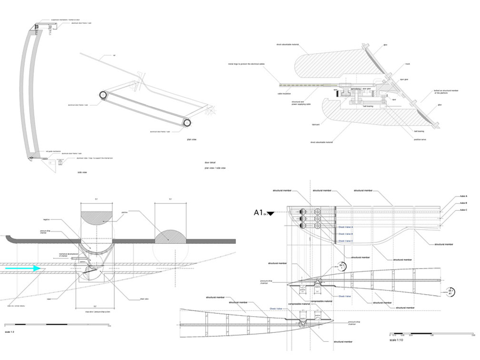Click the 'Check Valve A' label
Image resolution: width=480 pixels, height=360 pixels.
[345, 227]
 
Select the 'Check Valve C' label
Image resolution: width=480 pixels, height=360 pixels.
[345, 241]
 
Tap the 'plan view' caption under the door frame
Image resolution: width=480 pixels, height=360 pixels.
[193, 140]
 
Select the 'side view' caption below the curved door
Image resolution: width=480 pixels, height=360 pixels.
[81, 172]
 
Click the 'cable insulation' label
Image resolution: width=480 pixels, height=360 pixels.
[284, 94]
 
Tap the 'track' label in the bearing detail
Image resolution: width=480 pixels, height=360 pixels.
[407, 63]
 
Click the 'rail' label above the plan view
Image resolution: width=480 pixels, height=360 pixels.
[114, 55]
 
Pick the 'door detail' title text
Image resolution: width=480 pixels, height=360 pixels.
[210, 163]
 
